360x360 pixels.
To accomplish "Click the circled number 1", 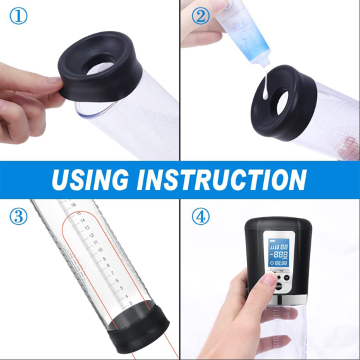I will pos(18,17).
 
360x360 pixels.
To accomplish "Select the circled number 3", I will pos(18,217).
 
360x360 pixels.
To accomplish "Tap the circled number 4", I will pos(200,217).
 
